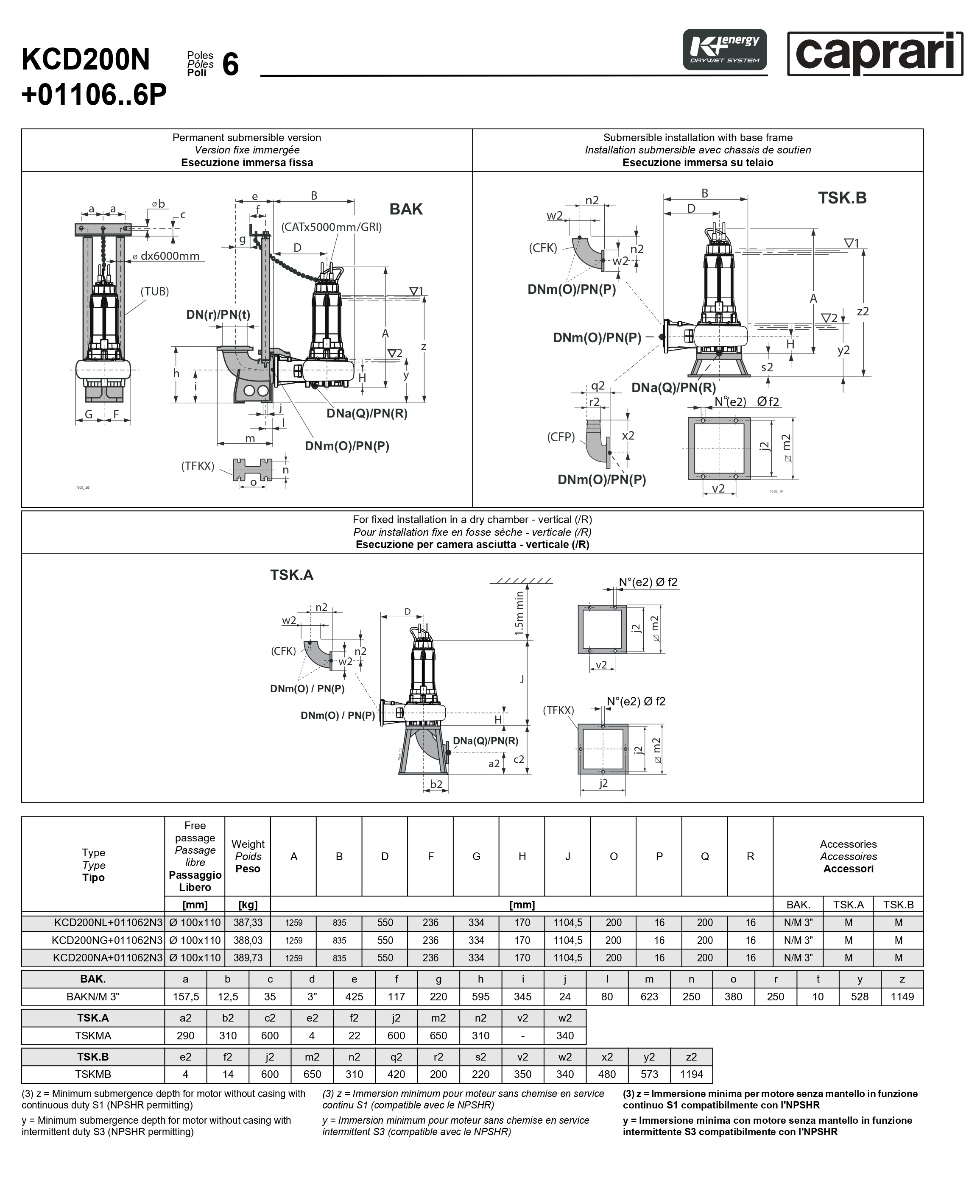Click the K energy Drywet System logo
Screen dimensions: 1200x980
[x=724, y=50]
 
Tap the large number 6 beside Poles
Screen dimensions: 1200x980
[x=230, y=64]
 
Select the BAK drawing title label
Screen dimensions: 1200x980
[x=405, y=209]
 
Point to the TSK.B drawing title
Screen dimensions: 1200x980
[x=842, y=198]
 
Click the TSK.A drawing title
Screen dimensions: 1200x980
[x=291, y=575]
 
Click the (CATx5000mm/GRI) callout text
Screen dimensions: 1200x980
[x=331, y=227]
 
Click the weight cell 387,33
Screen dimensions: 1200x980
[x=248, y=922]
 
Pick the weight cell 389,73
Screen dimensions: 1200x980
[x=248, y=958]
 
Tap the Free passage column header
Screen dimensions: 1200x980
[x=195, y=856]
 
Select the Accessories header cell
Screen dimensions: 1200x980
[x=848, y=856]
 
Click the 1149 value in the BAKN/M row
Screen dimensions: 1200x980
[x=902, y=997]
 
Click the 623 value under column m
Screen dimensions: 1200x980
[x=649, y=997]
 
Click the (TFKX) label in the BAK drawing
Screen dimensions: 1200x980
[x=198, y=466]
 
